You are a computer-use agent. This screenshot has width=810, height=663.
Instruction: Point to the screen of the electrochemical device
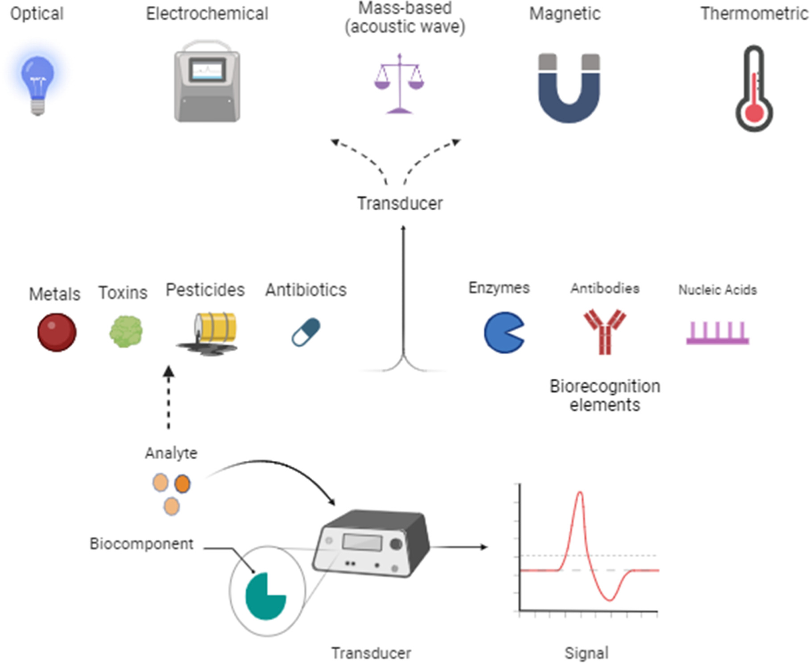coord(207,71)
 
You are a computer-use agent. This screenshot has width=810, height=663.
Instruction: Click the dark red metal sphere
coord(57,332)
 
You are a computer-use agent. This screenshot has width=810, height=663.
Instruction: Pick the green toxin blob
coord(126,331)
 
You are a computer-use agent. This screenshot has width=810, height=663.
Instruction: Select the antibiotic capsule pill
coord(306,332)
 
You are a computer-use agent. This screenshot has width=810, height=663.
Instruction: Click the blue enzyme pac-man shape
coord(502,333)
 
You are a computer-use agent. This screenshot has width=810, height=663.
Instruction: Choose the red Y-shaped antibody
coord(604,331)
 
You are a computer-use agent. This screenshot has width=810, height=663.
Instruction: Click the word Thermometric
coord(754,13)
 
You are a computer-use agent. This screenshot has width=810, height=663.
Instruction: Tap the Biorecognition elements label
coord(604,396)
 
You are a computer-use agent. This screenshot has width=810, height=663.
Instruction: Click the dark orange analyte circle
coord(182,484)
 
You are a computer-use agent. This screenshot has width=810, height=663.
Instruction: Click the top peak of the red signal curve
coord(580,493)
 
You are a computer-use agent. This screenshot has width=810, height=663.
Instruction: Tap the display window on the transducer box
coord(362,542)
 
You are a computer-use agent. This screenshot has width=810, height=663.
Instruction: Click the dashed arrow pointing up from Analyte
coord(169,397)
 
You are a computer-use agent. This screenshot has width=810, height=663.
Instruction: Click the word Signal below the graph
coord(586,653)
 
